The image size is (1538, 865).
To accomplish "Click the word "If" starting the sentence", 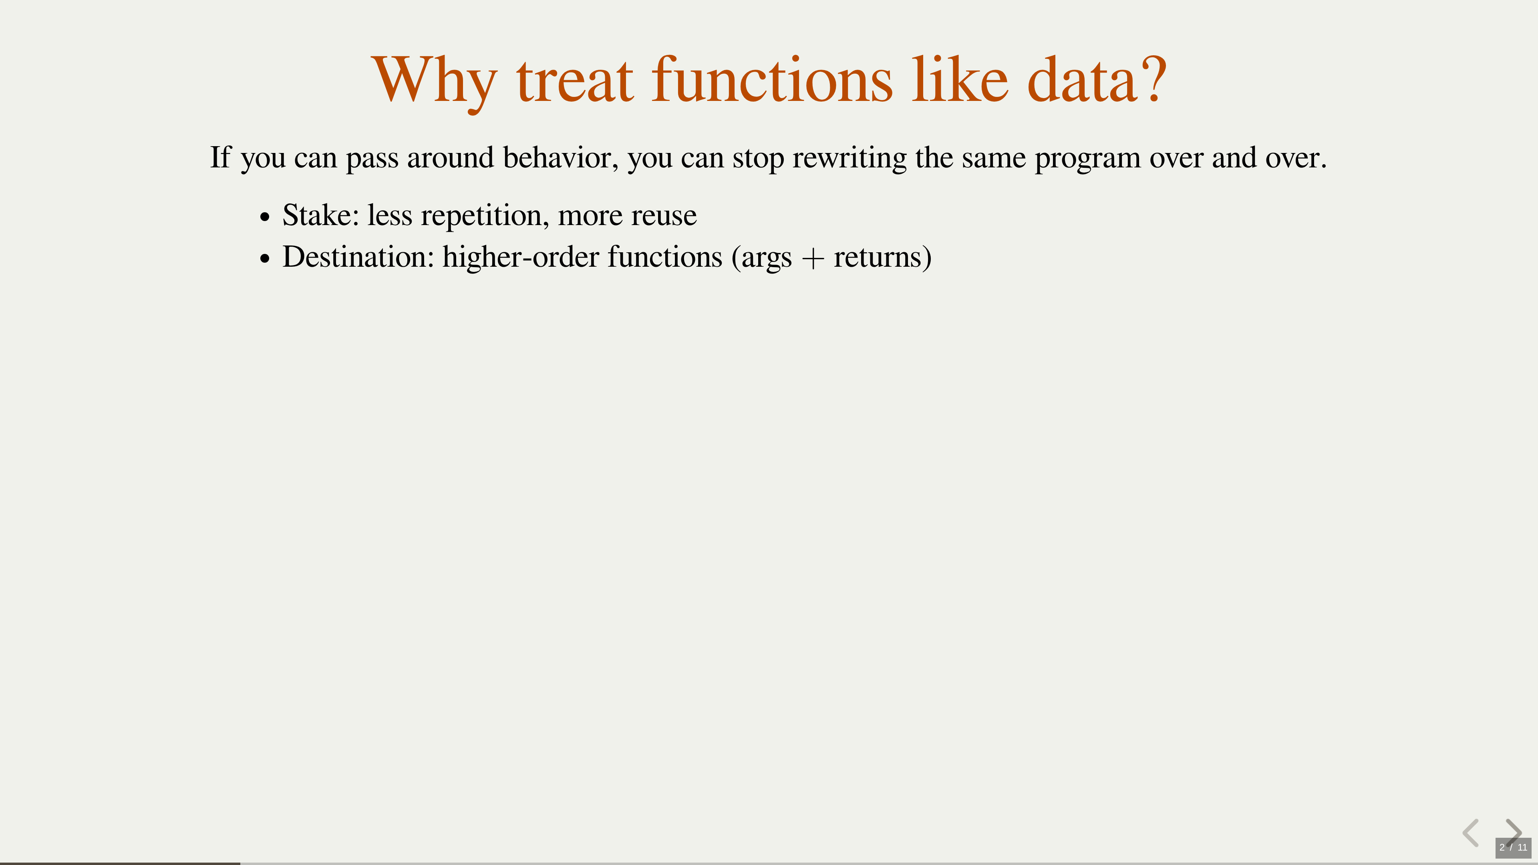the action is [x=220, y=157].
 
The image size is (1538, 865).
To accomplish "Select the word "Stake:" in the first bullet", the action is [x=320, y=215].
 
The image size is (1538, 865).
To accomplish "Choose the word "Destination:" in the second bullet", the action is [x=358, y=257].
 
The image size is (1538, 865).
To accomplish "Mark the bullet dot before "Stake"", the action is [x=265, y=217].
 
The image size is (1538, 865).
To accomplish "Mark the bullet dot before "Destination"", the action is [x=265, y=259].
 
